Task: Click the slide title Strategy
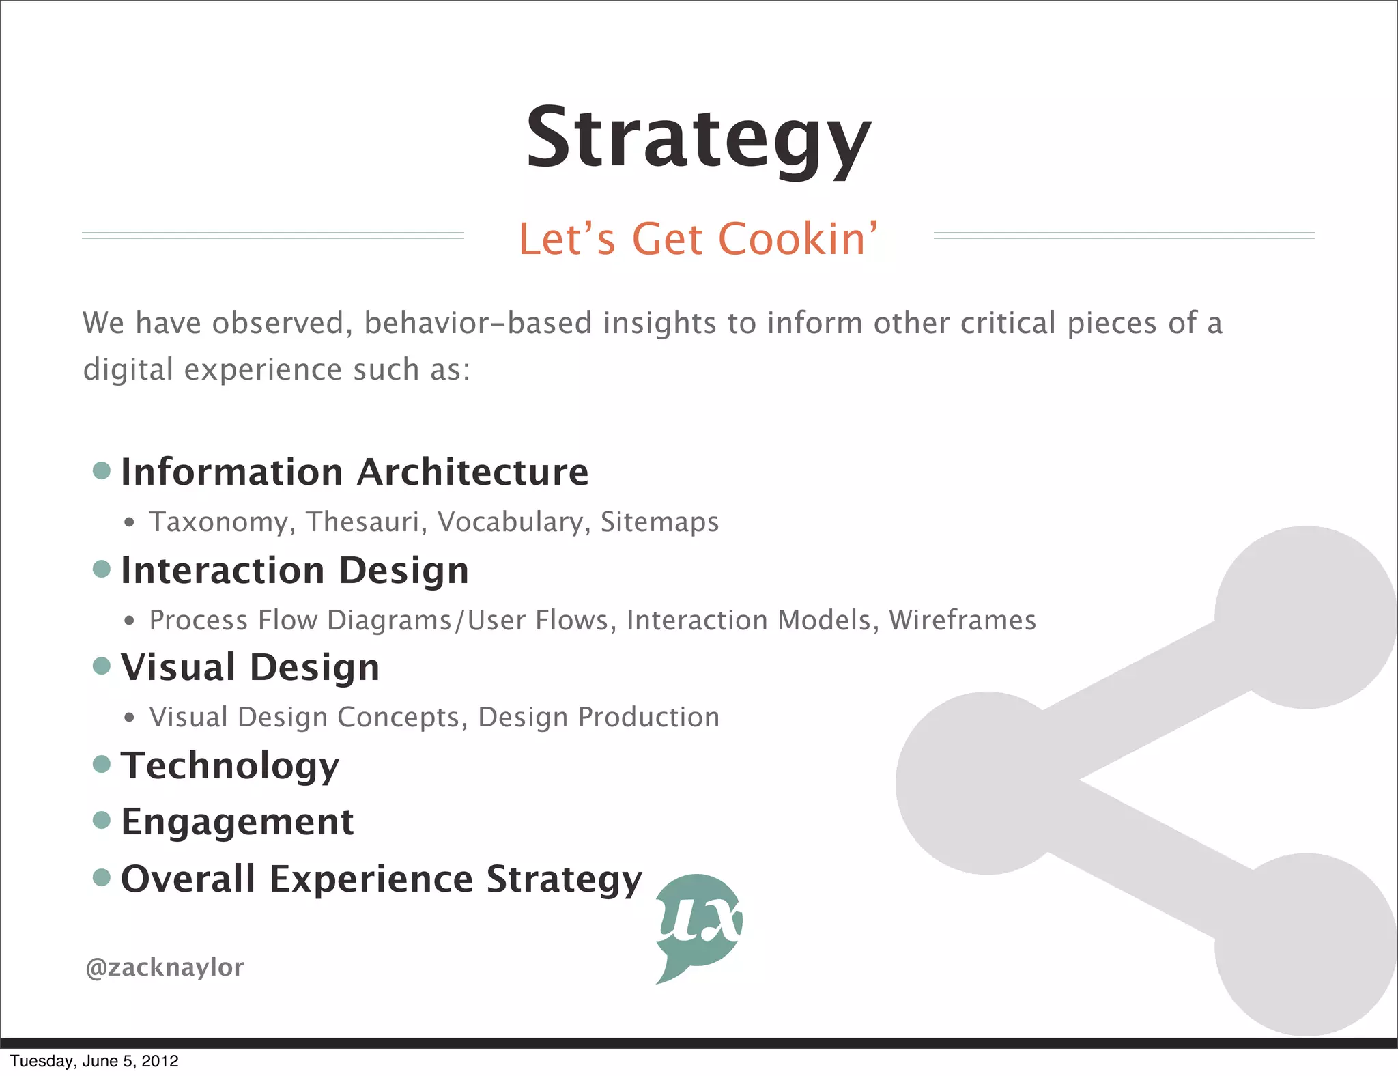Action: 698,139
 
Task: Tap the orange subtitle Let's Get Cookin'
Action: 698,239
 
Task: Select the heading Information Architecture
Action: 354,472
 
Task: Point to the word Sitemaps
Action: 659,522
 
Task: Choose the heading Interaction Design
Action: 295,570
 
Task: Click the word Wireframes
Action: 962,620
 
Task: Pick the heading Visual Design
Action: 250,667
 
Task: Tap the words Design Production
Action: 598,718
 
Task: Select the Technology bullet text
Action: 230,765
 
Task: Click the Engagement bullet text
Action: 237,821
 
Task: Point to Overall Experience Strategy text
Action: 381,879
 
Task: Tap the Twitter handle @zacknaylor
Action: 165,967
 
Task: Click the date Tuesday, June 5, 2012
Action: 94,1061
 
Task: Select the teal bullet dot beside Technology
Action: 102,764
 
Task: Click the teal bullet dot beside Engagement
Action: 102,820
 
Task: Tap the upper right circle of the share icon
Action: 1305,617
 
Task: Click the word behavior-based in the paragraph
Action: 477,323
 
